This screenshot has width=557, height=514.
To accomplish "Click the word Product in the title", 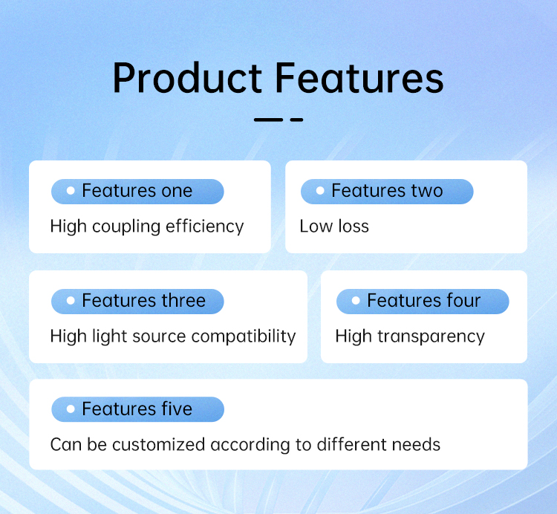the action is click(x=188, y=78).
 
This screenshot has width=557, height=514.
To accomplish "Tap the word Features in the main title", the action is click(x=359, y=78).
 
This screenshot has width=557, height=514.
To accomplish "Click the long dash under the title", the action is click(x=268, y=120).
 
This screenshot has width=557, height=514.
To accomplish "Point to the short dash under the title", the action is click(x=296, y=120).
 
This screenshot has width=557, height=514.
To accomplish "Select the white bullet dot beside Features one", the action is click(x=71, y=191).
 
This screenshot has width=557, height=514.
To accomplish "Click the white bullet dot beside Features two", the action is click(x=320, y=191).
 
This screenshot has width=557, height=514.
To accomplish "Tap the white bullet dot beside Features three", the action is click(x=71, y=301).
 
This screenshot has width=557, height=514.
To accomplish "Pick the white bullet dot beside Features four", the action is click(x=356, y=301).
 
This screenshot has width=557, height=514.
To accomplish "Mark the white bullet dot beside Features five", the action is click(x=71, y=409).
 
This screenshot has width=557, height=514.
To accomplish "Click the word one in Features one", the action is click(x=177, y=192).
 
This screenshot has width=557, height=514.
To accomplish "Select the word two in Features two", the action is click(x=427, y=191).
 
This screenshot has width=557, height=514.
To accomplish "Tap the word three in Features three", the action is click(x=183, y=301).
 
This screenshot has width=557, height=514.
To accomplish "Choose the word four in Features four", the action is click(x=463, y=301).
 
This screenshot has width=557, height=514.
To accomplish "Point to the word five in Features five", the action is click(x=177, y=409).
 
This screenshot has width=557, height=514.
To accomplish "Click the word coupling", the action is click(x=126, y=227).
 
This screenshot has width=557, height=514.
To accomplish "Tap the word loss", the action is click(x=354, y=227).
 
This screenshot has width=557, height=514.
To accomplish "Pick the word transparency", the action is click(x=431, y=336).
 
